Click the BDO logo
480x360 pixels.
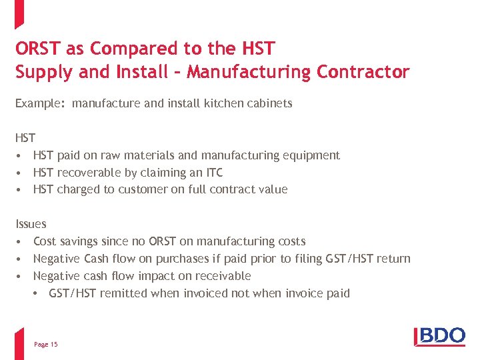(x=439, y=335)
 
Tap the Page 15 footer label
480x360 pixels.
(x=45, y=344)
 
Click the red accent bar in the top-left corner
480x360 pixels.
(x=19, y=14)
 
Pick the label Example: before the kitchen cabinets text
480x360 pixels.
(x=40, y=103)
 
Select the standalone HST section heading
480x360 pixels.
(x=25, y=138)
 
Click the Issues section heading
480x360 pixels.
(x=31, y=224)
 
